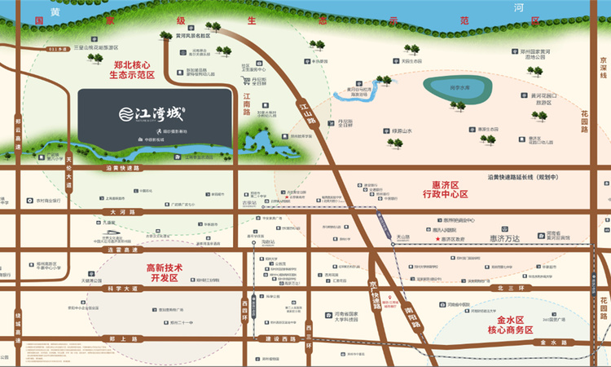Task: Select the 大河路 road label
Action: [x=121, y=211]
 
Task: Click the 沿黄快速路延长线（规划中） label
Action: [x=530, y=176]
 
